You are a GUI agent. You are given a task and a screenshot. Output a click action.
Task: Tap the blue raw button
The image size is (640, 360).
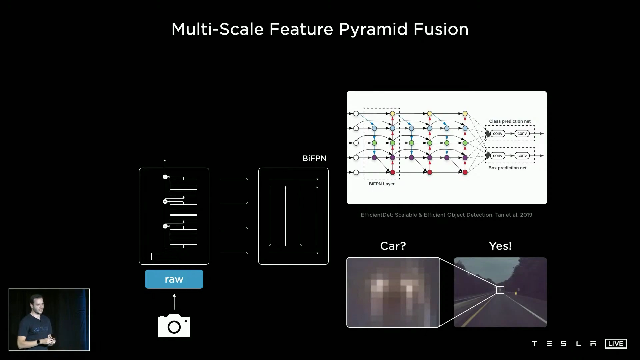pyautogui.click(x=174, y=279)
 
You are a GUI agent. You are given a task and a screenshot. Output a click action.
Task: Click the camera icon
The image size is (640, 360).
pyautogui.click(x=174, y=326)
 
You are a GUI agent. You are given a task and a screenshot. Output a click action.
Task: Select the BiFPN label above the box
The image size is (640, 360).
pyautogui.click(x=314, y=158)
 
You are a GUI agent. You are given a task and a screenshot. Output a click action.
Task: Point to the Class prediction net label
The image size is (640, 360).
pyautogui.click(x=510, y=121)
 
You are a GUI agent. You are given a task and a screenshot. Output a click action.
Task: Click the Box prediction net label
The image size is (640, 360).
pyautogui.click(x=507, y=168)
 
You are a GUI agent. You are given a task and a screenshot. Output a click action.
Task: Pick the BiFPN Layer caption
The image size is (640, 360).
pyautogui.click(x=381, y=184)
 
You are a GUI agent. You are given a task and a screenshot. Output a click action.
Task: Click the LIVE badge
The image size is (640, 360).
pyautogui.click(x=616, y=344)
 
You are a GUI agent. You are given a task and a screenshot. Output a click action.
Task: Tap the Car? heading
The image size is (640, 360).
pyautogui.click(x=393, y=246)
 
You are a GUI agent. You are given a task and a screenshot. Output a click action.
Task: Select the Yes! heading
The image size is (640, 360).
pyautogui.click(x=500, y=246)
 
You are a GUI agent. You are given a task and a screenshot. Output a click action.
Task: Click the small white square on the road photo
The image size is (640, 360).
pyautogui.click(x=500, y=290)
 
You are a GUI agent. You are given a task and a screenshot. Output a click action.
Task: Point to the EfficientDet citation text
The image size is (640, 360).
pyautogui.click(x=446, y=215)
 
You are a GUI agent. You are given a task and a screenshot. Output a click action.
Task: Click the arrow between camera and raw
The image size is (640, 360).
pyautogui.click(x=174, y=301)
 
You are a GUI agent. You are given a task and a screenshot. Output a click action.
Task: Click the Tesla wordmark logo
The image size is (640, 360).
pyautogui.click(x=564, y=344)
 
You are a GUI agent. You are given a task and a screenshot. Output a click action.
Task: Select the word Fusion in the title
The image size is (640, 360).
pyautogui.click(x=441, y=29)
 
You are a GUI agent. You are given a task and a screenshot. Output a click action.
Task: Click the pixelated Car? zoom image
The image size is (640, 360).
pyautogui.click(x=393, y=292)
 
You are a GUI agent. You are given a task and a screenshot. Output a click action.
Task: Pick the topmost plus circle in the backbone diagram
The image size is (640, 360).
pyautogui.click(x=165, y=177)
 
